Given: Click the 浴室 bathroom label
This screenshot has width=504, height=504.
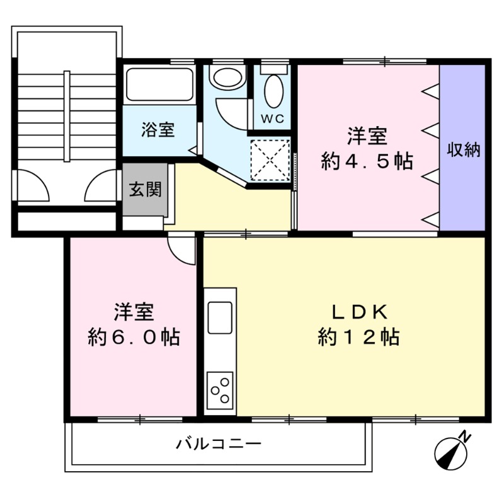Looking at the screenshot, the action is [158, 130].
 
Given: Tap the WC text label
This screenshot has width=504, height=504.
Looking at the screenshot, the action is [272, 118].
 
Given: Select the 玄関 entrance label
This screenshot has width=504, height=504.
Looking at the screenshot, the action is [146, 189].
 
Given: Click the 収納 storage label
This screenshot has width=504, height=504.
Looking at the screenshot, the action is [464, 149].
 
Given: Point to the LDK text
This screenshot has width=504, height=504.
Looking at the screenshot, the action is [359, 312].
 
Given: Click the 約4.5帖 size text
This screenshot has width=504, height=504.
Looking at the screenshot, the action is [367, 161].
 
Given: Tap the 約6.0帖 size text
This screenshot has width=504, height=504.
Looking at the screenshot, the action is [134, 337].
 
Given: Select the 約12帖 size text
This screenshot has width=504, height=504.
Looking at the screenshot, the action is [359, 337].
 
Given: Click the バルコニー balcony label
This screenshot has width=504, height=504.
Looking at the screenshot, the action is [219, 444].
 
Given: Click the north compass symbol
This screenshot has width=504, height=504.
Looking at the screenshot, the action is [450, 453].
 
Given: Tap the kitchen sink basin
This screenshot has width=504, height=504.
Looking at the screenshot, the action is [220, 318].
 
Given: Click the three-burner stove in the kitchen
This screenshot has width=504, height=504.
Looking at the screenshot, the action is [220, 390].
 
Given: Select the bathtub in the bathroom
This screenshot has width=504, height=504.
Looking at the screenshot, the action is [159, 84].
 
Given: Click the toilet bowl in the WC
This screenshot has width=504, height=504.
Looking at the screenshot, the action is [274, 91].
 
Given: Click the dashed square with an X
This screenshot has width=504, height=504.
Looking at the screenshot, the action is [270, 160].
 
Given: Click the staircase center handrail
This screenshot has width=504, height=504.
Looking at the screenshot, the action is [67, 116].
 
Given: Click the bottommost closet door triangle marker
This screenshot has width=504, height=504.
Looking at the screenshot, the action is [431, 219].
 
